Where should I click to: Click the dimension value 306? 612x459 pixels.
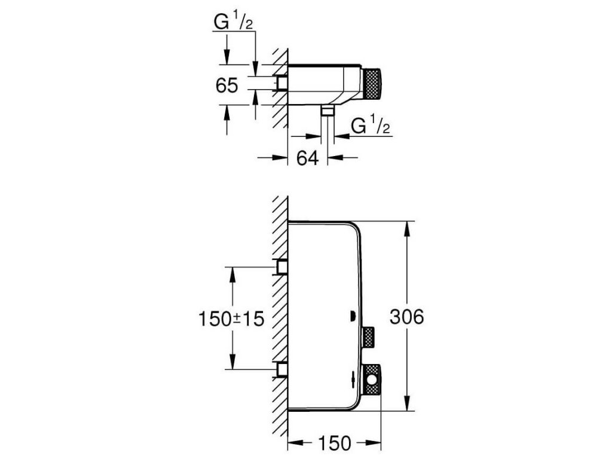coord(406,317)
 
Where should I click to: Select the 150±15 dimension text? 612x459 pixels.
coord(231,319)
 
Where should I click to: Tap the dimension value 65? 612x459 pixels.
coord(227,85)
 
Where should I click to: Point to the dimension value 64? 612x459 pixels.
coord(308,158)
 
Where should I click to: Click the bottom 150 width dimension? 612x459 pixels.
coord(335,443)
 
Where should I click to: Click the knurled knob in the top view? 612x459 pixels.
coord(372,84)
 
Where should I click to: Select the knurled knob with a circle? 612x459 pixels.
coord(372,380)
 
